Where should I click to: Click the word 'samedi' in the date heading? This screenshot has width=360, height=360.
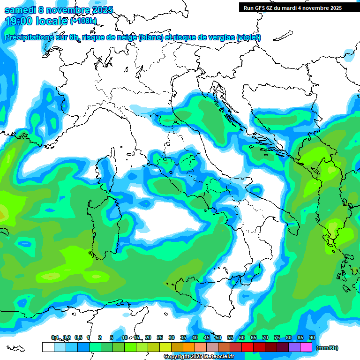pos(20,10)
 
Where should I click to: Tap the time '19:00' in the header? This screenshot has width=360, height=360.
pos(19,21)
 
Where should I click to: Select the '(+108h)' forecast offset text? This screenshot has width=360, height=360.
pos(83,21)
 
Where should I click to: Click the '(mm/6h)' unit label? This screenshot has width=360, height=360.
pos(327,348)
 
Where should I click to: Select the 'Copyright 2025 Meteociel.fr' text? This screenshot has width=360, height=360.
pos(199,357)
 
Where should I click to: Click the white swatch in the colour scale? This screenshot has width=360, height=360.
pos(48,347)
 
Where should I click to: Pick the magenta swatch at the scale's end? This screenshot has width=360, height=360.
pos(306,347)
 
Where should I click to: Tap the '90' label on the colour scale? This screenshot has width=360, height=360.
pos(312,337)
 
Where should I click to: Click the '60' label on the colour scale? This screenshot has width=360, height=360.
pos(242,337)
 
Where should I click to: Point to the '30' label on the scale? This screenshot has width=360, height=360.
pos(172,337)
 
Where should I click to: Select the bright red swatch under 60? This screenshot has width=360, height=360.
pos(247,347)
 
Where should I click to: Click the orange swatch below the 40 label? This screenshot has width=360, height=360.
pos(189,347)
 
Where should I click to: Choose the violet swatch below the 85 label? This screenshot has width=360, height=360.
pos(294,347)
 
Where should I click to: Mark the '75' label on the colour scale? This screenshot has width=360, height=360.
pos(277,337)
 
